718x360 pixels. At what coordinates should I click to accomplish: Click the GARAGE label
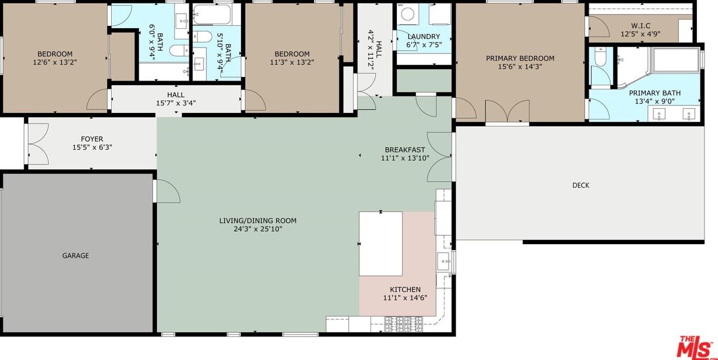(75, 255)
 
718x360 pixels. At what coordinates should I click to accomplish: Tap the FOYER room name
(92, 139)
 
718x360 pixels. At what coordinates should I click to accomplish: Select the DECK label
(580, 185)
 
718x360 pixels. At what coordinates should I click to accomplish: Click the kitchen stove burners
(403, 324)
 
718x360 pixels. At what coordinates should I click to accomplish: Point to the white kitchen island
(380, 244)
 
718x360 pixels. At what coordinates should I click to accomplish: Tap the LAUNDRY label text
(424, 36)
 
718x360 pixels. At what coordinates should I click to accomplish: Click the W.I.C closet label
(641, 26)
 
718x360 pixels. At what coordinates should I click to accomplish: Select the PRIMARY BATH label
(654, 93)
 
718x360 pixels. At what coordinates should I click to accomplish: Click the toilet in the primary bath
(600, 56)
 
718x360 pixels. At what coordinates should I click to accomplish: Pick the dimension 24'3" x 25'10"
(258, 229)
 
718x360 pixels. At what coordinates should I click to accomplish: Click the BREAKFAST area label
(405, 150)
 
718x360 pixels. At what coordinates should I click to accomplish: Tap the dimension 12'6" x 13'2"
(55, 62)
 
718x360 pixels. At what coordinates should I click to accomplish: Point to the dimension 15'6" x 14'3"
(520, 66)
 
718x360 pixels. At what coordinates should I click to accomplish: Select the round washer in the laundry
(408, 14)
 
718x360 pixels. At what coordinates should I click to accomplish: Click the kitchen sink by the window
(444, 261)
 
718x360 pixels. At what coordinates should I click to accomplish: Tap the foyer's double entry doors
(38, 144)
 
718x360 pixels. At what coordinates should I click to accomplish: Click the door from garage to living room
(166, 191)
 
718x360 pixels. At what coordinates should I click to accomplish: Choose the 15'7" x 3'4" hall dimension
(176, 103)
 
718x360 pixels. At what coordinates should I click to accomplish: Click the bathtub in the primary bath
(676, 60)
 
